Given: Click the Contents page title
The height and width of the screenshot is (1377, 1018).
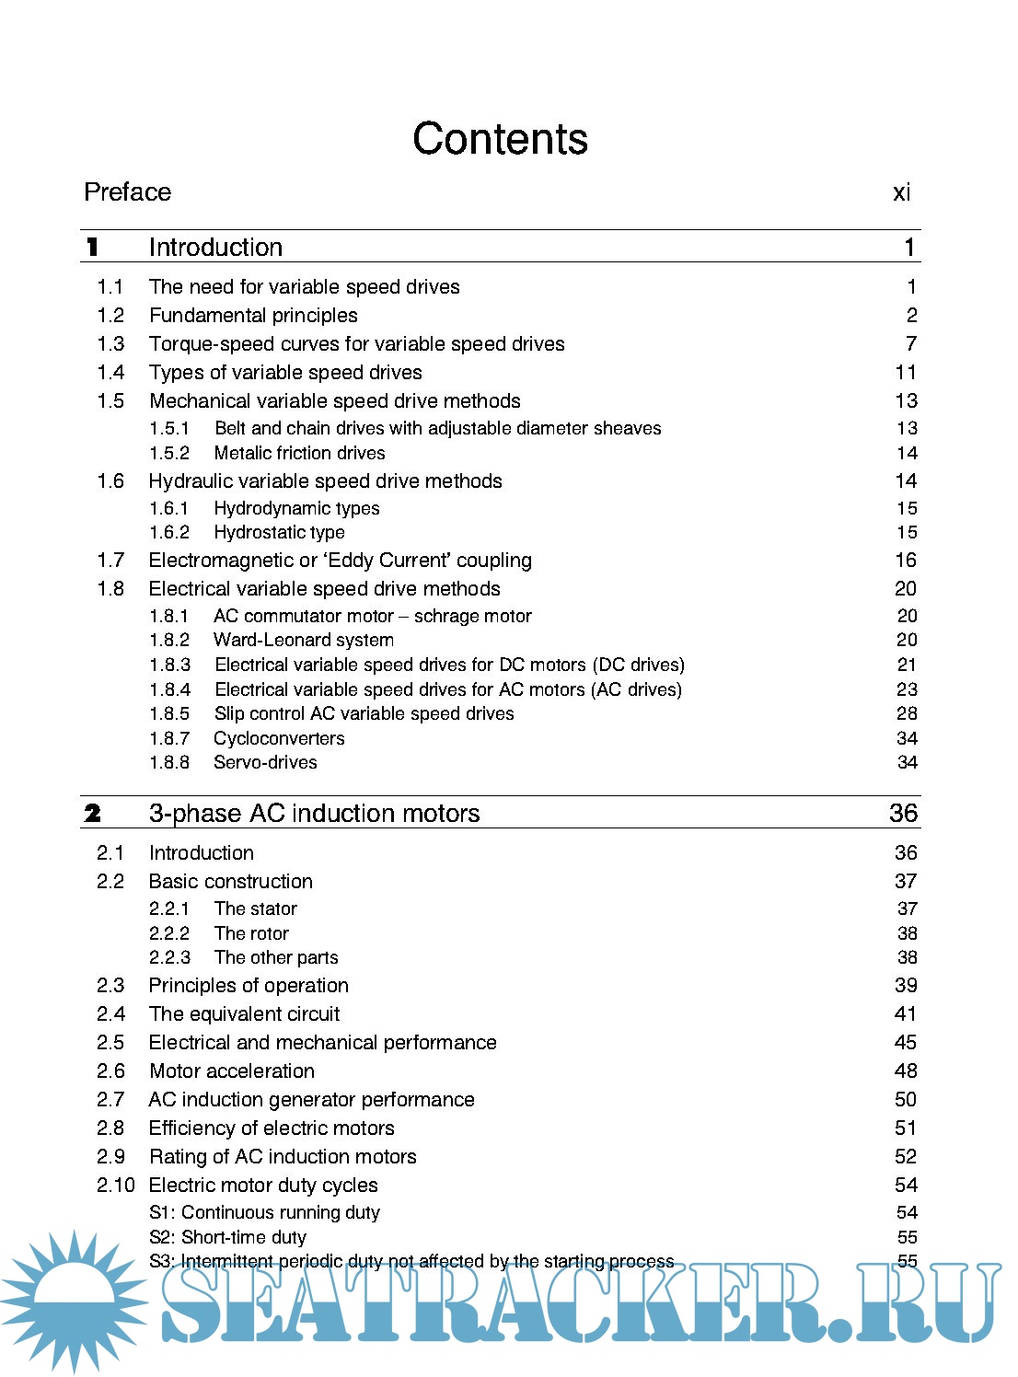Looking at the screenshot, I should pos(500,139).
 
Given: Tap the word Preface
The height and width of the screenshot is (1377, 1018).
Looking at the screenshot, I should pos(127,191).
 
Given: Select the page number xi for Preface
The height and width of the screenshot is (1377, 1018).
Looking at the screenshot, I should pos(901,192).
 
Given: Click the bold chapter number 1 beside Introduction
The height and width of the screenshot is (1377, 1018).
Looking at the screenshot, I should pos(92,247).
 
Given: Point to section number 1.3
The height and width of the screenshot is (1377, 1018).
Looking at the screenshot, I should pos(110,343).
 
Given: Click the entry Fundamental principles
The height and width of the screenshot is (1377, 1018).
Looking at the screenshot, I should pos(253,315).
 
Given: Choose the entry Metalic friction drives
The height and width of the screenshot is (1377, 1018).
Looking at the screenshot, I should pos(299,453).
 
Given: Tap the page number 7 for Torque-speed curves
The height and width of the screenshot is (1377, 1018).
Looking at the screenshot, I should pos(910,343).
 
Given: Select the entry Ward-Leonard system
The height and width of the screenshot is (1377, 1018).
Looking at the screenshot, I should pos(303,640).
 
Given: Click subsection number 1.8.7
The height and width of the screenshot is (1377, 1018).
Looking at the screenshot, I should pos(169,738).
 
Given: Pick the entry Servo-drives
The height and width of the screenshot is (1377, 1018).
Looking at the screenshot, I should pos(265,762).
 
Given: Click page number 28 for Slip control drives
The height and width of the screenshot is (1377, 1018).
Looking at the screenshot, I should pos(907,713).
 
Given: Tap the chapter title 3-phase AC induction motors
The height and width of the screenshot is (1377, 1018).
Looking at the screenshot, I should pos(314,813).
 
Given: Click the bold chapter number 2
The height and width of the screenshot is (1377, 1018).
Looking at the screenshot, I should pos(92,813).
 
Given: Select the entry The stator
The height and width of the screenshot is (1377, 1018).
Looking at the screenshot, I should pos(255,908).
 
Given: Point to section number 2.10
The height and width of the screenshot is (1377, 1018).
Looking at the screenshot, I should pos(115,1185).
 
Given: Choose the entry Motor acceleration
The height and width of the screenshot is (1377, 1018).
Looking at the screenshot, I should pos(231,1070).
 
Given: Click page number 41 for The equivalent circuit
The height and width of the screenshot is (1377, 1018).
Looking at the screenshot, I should pos(906,1013).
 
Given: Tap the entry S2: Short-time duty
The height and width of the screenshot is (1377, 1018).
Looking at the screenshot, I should pos(227,1237).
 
